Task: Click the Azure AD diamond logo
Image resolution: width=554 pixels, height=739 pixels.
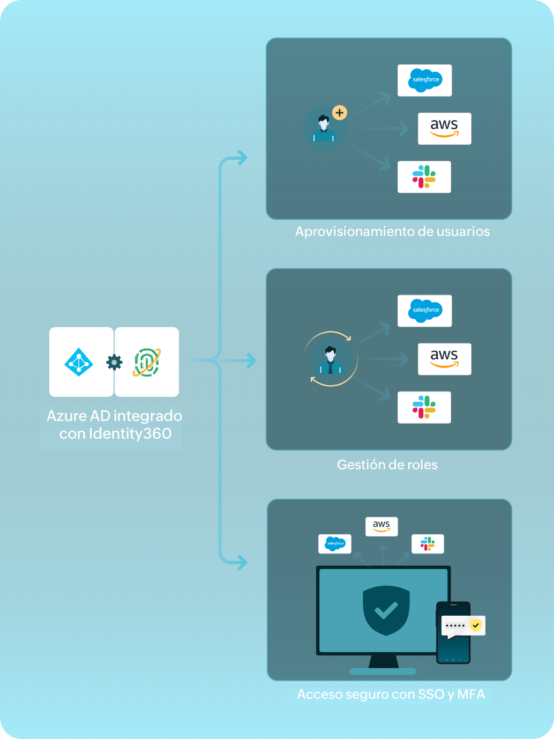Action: (x=79, y=363)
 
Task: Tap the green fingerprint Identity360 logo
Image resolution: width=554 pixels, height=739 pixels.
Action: (x=147, y=363)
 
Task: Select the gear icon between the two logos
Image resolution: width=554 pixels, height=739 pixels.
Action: (x=114, y=363)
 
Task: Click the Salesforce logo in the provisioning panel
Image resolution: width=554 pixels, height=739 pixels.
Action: (x=425, y=80)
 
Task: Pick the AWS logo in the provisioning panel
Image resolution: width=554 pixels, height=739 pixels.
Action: (x=444, y=129)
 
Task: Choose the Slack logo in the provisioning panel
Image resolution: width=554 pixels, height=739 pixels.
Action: (x=424, y=177)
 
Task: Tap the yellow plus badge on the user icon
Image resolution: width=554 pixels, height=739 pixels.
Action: (x=340, y=113)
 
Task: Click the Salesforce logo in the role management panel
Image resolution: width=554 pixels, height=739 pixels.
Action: (x=425, y=311)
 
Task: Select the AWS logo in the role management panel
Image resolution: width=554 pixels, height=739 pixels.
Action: (x=444, y=359)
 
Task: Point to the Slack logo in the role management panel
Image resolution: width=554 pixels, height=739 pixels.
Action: (x=424, y=408)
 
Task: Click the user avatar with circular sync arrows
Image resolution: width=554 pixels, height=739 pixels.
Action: (x=331, y=359)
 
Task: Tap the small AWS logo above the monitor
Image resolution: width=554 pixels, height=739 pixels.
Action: (x=381, y=526)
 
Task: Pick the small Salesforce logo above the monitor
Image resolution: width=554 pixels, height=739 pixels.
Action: (x=335, y=544)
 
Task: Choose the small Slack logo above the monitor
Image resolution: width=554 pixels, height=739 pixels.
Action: (x=428, y=544)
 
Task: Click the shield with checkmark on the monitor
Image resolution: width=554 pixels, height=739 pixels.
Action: (x=386, y=610)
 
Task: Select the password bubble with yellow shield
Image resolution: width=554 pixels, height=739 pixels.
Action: (x=463, y=626)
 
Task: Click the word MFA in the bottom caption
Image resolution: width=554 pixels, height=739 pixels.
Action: (x=471, y=694)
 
